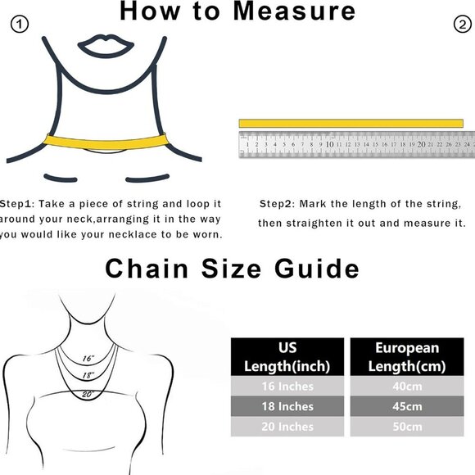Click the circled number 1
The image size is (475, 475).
[20, 25]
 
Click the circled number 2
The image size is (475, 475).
[460, 25]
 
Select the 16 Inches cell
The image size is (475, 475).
[287, 386]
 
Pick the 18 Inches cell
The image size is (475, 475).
[287, 406]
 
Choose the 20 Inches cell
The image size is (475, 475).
[287, 427]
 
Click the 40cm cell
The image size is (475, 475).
[408, 386]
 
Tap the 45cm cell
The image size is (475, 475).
[408, 406]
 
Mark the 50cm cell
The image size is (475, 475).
[408, 427]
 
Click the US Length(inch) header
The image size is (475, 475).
[287, 356]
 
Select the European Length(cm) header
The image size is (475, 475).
[408, 356]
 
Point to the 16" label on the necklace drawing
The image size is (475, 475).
[88, 358]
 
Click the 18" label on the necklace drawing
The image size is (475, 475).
[88, 374]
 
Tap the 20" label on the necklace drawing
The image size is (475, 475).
[88, 394]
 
